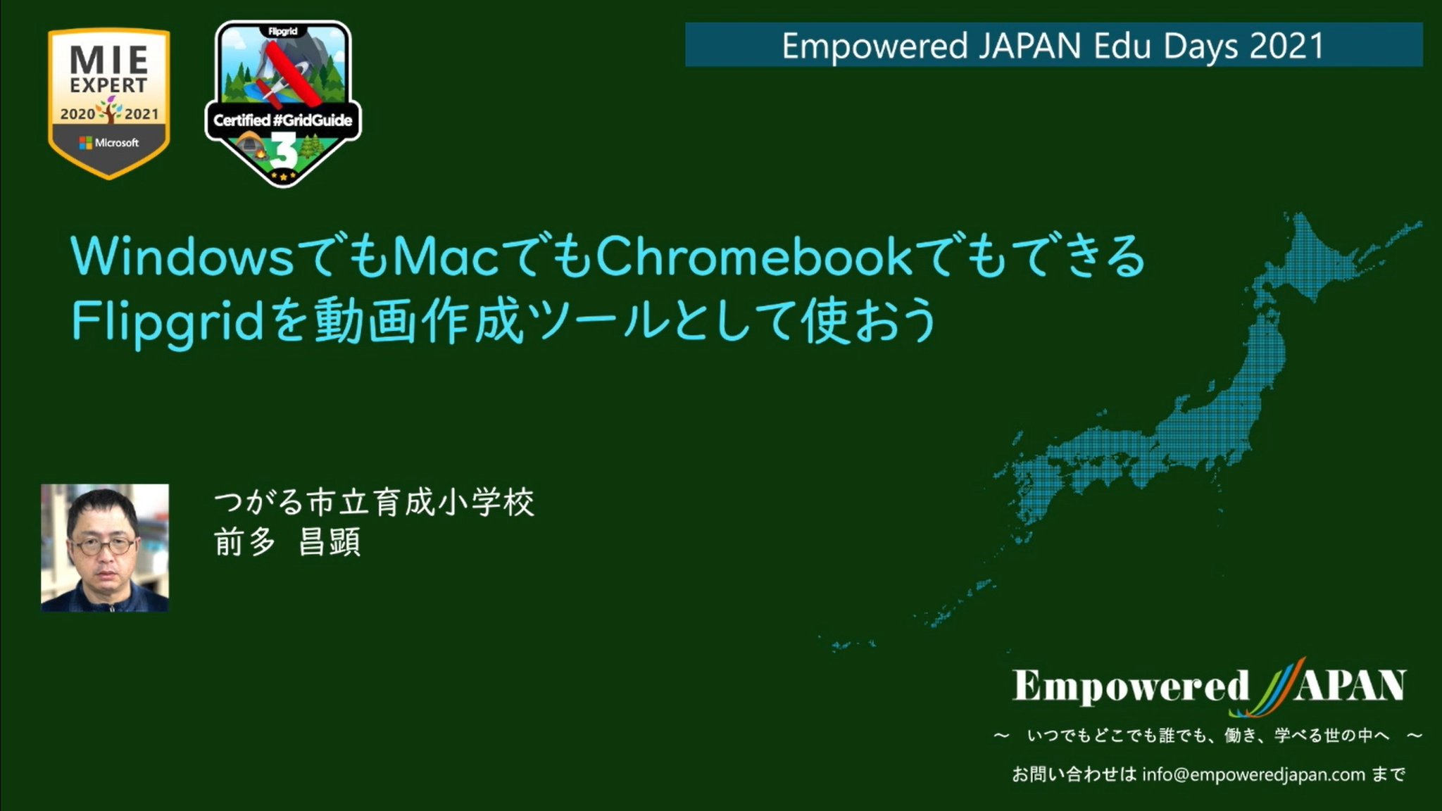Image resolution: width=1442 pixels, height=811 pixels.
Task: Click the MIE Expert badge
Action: pyautogui.click(x=108, y=103)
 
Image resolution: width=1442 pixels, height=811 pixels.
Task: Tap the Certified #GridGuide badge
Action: pyautogui.click(x=283, y=103)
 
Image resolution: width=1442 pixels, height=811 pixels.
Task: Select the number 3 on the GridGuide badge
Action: pyautogui.click(x=283, y=150)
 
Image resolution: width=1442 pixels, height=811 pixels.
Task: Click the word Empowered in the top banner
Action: pyautogui.click(x=875, y=46)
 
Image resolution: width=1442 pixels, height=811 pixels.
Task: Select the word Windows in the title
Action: pyautogui.click(x=182, y=256)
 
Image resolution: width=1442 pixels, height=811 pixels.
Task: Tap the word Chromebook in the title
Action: pyautogui.click(x=753, y=256)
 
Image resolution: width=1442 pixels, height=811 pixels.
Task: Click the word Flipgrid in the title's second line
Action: pyautogui.click(x=168, y=322)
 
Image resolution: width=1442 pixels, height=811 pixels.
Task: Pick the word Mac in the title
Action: pyautogui.click(x=446, y=256)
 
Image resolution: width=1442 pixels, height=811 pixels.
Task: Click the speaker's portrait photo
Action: pyautogui.click(x=105, y=548)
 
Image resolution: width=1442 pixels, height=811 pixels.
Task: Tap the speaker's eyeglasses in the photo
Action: pyautogui.click(x=104, y=546)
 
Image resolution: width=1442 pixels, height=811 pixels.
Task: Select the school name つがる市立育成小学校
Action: pyautogui.click(x=374, y=503)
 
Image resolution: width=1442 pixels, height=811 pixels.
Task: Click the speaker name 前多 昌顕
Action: pyautogui.click(x=288, y=542)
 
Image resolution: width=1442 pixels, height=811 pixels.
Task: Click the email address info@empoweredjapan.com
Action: pyautogui.click(x=1253, y=774)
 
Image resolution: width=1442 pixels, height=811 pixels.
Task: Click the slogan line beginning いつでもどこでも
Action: pyautogui.click(x=1208, y=736)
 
